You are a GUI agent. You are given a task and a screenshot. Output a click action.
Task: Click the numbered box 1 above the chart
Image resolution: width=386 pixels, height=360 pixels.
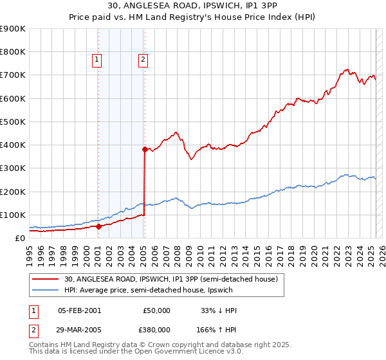(x=96, y=60)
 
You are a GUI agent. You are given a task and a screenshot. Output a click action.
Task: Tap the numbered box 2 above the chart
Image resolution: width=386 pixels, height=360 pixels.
(x=143, y=60)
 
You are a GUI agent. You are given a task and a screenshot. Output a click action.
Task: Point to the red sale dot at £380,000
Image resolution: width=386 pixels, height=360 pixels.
(x=145, y=149)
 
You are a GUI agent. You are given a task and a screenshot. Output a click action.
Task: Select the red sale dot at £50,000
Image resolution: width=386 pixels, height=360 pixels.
(x=98, y=226)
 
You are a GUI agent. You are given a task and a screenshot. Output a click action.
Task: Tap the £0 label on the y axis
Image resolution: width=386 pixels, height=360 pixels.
(x=19, y=239)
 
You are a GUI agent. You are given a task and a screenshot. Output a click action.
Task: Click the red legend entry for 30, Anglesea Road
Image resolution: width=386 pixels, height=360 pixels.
(x=170, y=279)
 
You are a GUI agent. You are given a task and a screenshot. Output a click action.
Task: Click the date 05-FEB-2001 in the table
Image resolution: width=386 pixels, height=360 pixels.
(x=79, y=310)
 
